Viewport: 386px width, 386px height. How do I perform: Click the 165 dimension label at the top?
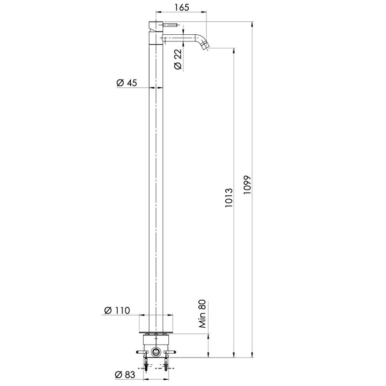pyautogui.click(x=182, y=7)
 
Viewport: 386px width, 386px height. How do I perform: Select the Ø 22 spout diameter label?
pyautogui.click(x=178, y=59)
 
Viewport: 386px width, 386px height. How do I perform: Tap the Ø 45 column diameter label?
pyautogui.click(x=126, y=83)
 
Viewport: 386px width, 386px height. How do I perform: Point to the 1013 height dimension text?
pyautogui.click(x=229, y=198)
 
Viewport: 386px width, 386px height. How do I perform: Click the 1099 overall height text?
pyautogui.click(x=247, y=185)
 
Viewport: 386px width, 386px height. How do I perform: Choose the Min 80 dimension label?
pyautogui.click(x=202, y=314)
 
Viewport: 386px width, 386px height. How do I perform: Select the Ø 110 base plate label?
pyautogui.click(x=117, y=310)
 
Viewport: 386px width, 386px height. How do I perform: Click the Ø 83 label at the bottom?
pyautogui.click(x=125, y=375)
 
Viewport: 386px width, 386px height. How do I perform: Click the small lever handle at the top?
pyautogui.click(x=170, y=25)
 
